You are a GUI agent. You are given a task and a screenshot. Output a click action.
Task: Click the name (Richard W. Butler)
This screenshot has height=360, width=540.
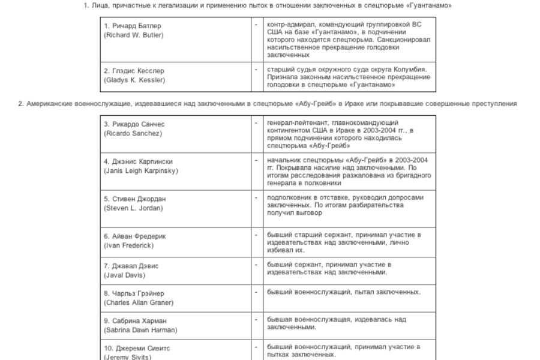point(133,35)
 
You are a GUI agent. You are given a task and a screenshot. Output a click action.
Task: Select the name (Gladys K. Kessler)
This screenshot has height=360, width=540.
point(134,80)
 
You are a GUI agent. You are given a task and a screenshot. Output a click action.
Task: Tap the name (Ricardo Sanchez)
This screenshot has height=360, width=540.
point(133,133)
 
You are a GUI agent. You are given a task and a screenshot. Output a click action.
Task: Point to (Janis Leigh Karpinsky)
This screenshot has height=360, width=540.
point(141,171)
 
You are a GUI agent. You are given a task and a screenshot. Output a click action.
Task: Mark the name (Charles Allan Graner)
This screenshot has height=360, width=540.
point(139,303)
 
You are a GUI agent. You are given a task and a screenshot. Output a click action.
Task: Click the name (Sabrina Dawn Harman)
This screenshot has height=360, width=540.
point(140,330)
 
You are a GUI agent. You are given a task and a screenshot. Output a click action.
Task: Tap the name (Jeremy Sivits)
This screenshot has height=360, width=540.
point(127,357)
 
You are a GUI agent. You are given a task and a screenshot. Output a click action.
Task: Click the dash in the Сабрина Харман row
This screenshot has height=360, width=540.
point(256,319)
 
